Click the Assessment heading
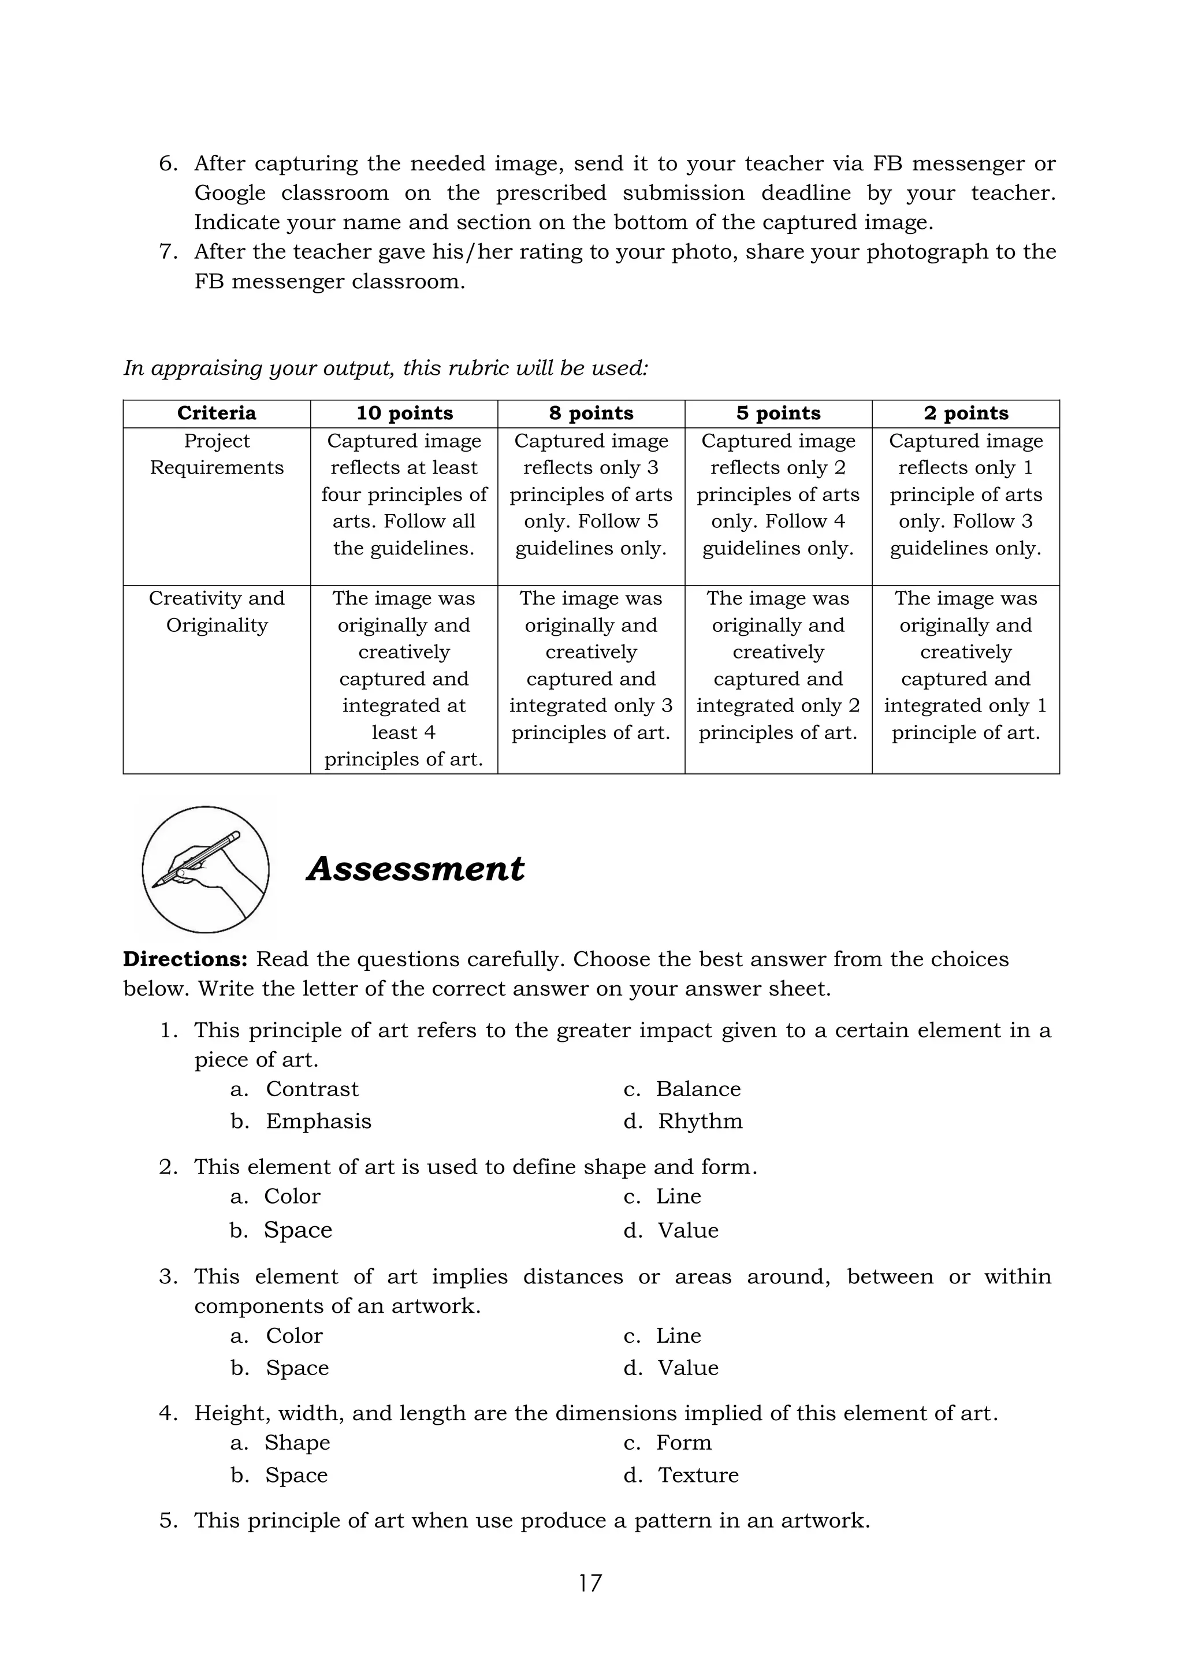click(x=415, y=869)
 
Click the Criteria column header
click(x=217, y=413)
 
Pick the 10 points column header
click(x=404, y=413)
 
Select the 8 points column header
click(x=591, y=413)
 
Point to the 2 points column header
click(x=965, y=413)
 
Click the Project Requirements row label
click(x=217, y=454)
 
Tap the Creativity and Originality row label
click(x=217, y=611)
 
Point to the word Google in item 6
click(x=229, y=193)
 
